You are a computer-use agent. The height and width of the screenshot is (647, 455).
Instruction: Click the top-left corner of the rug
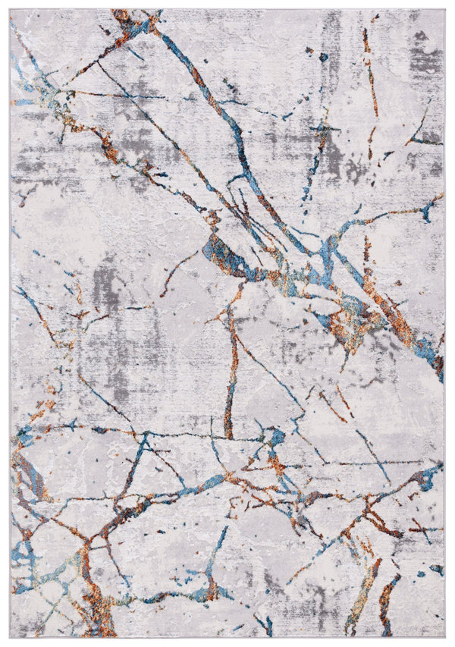point(11,10)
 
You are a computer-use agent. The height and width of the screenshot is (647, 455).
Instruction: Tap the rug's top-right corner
point(444,10)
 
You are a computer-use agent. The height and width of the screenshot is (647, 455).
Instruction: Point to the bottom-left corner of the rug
point(11,636)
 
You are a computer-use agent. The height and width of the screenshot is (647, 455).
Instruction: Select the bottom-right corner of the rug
point(444,636)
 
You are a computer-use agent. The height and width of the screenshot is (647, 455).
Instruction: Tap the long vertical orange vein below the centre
point(229,379)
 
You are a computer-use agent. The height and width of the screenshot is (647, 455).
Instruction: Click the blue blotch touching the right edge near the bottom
point(428,478)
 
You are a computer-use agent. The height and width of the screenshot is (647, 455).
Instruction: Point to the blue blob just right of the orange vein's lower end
point(276,436)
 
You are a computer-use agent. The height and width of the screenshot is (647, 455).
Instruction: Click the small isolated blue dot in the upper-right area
point(323,57)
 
